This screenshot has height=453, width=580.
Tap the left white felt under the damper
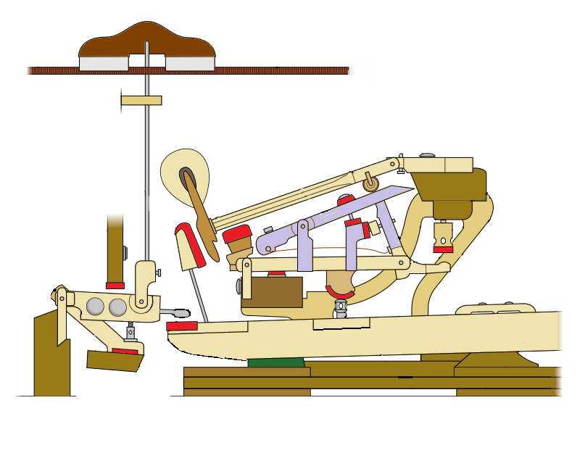103,64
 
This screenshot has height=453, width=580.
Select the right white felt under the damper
190,64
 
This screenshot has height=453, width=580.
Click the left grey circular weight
95,307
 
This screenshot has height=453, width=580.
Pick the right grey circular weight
117,307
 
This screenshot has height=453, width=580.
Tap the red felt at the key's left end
182,326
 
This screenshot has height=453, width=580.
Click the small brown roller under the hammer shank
371,184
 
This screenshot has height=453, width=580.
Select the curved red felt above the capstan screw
339,291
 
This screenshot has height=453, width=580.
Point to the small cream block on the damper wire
141,100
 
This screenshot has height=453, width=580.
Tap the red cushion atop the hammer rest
236,235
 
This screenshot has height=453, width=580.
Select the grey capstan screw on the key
340,310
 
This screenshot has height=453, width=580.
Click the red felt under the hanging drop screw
444,249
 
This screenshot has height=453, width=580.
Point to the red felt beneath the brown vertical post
115,286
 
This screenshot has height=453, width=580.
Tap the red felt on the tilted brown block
125,352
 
